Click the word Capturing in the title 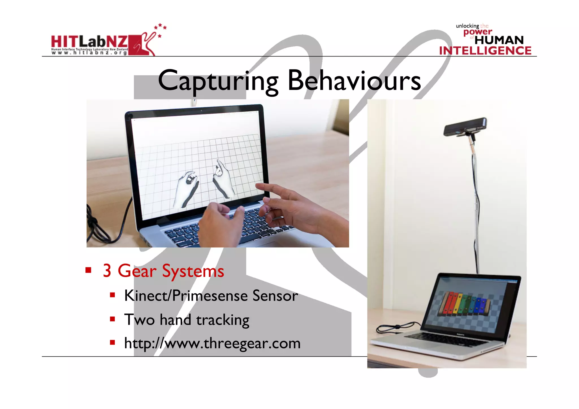pyautogui.click(x=218, y=81)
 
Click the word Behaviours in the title pyautogui.click(x=354, y=81)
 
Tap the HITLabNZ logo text pyautogui.click(x=89, y=42)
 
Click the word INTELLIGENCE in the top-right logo pyautogui.click(x=485, y=51)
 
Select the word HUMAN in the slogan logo pyautogui.click(x=499, y=40)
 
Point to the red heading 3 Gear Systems pyautogui.click(x=163, y=271)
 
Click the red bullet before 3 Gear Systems pyautogui.click(x=88, y=270)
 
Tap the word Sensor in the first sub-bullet pyautogui.click(x=275, y=296)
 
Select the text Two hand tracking pyautogui.click(x=187, y=320)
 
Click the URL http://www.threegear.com pyautogui.click(x=212, y=343)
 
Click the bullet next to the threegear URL pyautogui.click(x=113, y=343)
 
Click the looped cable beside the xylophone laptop pyautogui.click(x=393, y=328)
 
